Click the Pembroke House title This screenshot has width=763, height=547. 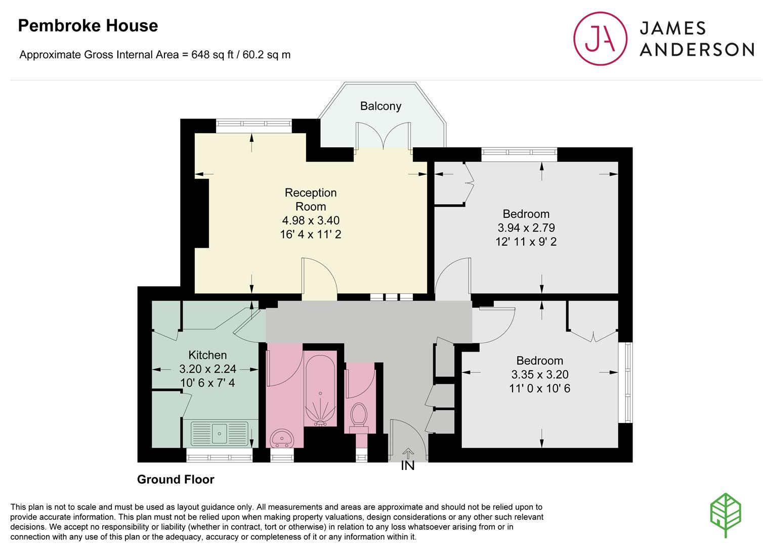[x=88, y=25]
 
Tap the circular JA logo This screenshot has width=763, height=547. [x=600, y=38]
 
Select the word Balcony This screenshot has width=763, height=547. [x=380, y=106]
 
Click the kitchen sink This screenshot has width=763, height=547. [x=220, y=434]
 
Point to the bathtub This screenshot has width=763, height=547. [x=320, y=391]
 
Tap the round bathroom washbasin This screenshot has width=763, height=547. [x=281, y=438]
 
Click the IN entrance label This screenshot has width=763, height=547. [x=408, y=465]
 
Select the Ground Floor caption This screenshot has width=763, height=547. [x=176, y=479]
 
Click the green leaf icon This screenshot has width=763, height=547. [x=725, y=515]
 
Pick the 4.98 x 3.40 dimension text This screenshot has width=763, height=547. [x=311, y=220]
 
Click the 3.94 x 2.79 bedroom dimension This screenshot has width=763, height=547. [x=526, y=227]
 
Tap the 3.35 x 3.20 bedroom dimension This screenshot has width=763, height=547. [x=539, y=374]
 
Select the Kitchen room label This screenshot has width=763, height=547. [x=207, y=355]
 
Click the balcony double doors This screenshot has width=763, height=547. [x=383, y=136]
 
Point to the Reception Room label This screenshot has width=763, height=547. [x=311, y=200]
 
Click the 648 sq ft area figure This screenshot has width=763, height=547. [x=212, y=55]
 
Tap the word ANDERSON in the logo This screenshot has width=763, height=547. [x=697, y=50]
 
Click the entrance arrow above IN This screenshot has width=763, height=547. [x=408, y=454]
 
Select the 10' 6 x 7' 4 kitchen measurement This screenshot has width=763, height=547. [x=207, y=382]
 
